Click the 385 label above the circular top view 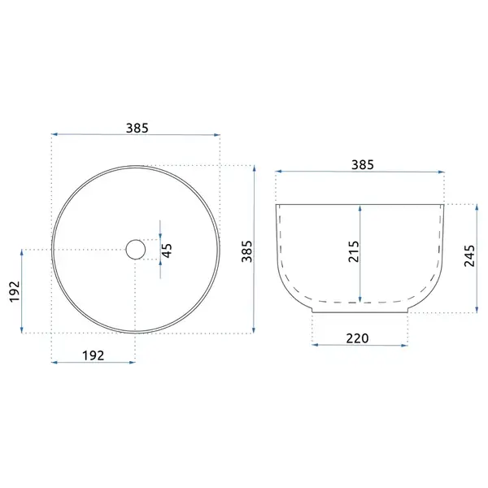[x=137, y=128]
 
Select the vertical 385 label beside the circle [x=247, y=251]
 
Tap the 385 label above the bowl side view [x=363, y=164]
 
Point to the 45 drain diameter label [x=168, y=251]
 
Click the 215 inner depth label [x=354, y=251]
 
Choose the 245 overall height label [x=469, y=256]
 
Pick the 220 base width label [x=357, y=338]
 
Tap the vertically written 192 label [x=15, y=292]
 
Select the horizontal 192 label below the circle [x=93, y=355]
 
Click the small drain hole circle [x=136, y=250]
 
